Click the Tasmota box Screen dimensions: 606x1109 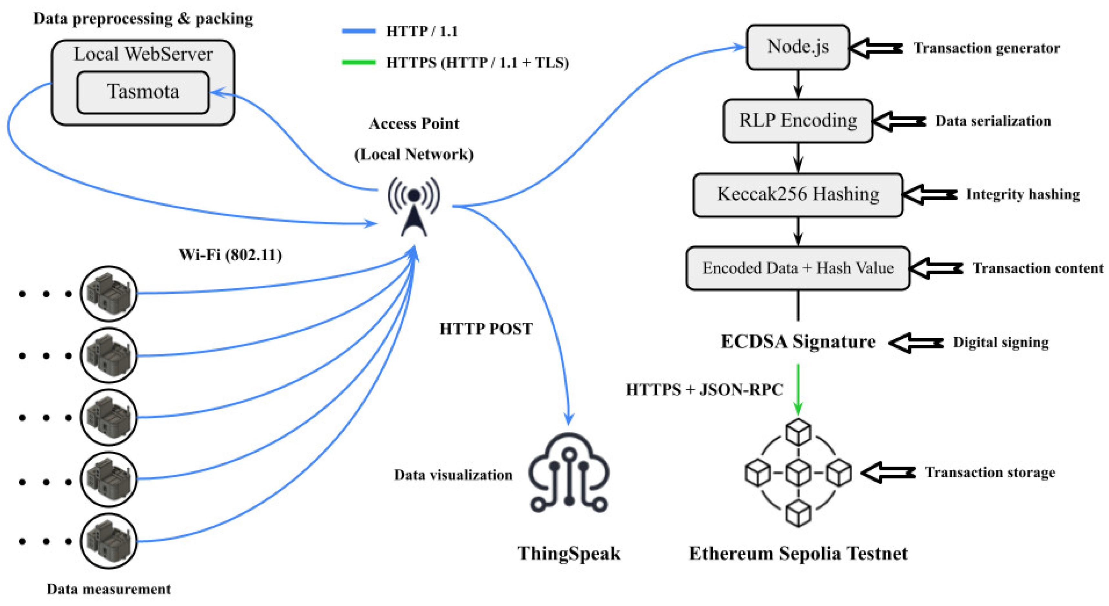coord(143,92)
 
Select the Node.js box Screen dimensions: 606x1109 coord(798,46)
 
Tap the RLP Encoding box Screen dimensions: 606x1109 coord(798,120)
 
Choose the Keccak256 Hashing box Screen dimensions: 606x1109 coord(798,195)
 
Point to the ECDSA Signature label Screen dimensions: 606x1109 coord(798,342)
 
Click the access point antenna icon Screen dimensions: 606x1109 coord(414,207)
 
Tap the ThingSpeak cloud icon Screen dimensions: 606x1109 coord(569,473)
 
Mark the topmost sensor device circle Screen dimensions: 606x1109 coord(109,293)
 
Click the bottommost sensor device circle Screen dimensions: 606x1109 coord(109,541)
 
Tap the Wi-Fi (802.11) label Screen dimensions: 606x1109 coord(230,255)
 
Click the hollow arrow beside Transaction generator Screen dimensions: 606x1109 coord(875,48)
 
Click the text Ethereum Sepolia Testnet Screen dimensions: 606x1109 coord(798,553)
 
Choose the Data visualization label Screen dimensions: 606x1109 coord(453,475)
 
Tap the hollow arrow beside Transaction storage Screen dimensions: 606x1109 coord(888,473)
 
